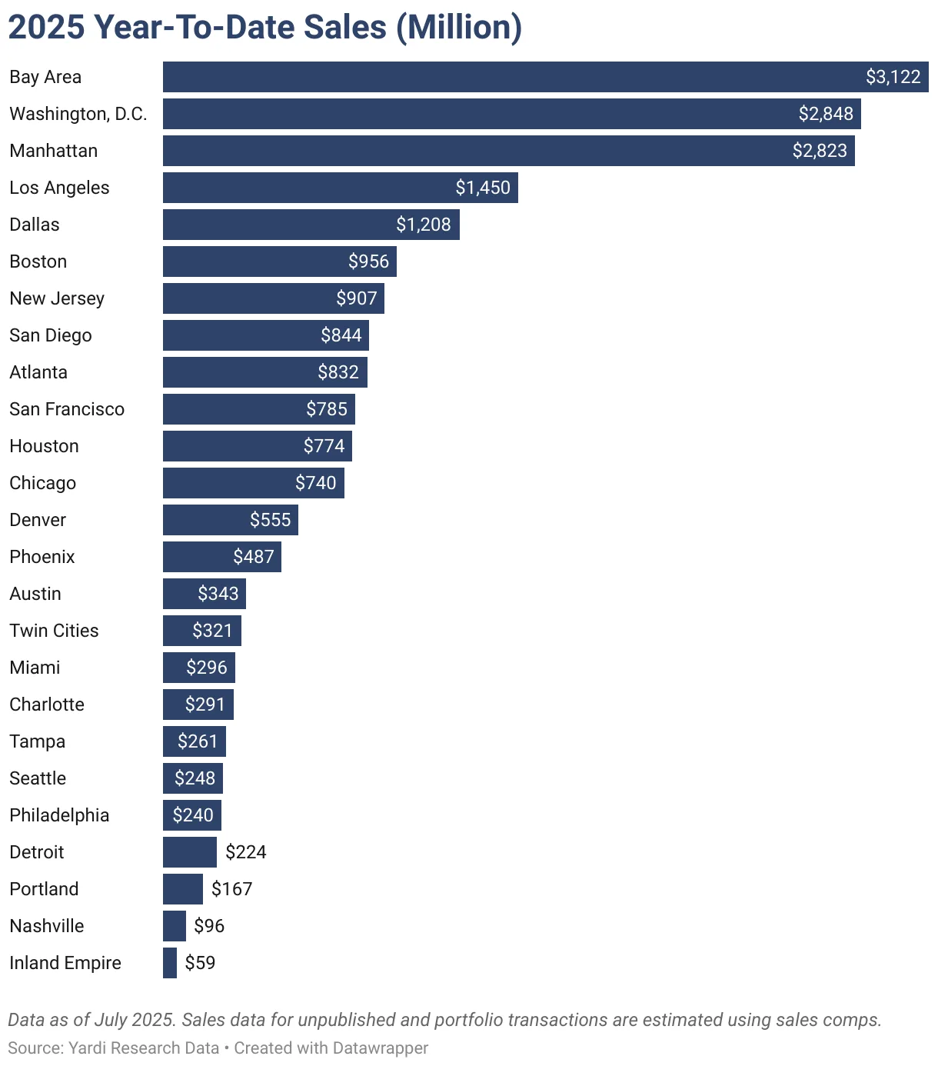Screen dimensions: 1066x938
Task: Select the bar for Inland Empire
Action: [169, 963]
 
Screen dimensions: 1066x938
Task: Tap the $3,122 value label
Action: [893, 77]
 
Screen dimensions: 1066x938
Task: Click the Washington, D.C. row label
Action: [78, 114]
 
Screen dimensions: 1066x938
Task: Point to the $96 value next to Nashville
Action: [209, 926]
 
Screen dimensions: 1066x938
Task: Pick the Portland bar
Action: [182, 889]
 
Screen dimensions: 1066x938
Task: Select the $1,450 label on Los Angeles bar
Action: [482, 188]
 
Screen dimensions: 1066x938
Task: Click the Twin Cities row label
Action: [54, 631]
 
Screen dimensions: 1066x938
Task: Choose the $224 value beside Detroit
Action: [245, 852]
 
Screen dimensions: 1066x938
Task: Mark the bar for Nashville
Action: [174, 926]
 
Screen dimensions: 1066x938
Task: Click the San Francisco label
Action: [67, 409]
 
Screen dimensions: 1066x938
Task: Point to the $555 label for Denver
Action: [270, 520]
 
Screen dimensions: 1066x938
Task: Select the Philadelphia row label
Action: [59, 815]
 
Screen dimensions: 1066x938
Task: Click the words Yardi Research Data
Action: [144, 1048]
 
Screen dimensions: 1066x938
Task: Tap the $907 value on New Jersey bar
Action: [356, 298]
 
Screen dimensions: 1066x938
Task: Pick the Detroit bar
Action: [189, 852]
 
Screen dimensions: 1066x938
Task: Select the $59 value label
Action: [200, 963]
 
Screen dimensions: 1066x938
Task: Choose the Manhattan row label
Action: [53, 151]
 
